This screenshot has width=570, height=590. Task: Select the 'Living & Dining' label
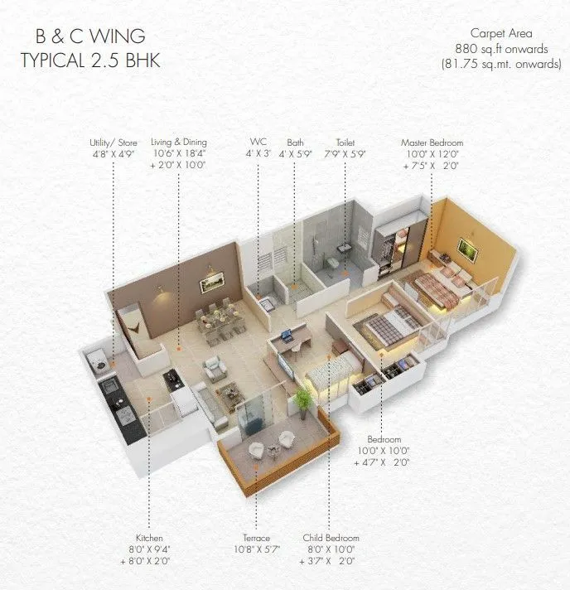[x=178, y=143]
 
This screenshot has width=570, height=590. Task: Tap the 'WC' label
[x=258, y=143]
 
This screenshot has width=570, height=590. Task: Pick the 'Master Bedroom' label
[x=432, y=143]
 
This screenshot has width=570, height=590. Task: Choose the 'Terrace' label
[x=258, y=538]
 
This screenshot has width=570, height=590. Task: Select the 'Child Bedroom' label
[x=329, y=538]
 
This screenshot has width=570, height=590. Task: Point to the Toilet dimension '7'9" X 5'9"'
[x=345, y=154]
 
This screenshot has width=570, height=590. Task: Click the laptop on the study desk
[x=286, y=336]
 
